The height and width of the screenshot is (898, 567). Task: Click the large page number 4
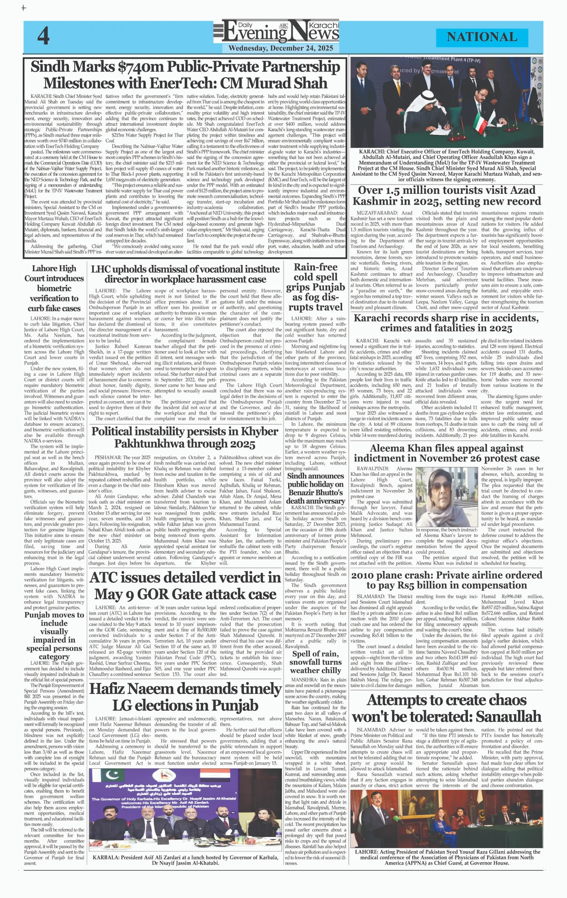43,36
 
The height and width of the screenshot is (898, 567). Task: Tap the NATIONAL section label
482,37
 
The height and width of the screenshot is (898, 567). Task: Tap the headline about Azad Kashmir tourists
447,195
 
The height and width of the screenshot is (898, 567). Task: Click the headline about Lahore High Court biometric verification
54,288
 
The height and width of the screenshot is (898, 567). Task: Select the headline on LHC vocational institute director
185,274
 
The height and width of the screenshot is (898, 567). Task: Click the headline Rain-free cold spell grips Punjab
315,287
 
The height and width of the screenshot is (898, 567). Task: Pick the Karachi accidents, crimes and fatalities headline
446,323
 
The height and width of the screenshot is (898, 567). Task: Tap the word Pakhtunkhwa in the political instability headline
149,444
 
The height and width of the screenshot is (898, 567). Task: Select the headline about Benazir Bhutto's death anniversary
315,488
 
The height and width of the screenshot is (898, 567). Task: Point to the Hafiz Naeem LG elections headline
185,697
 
